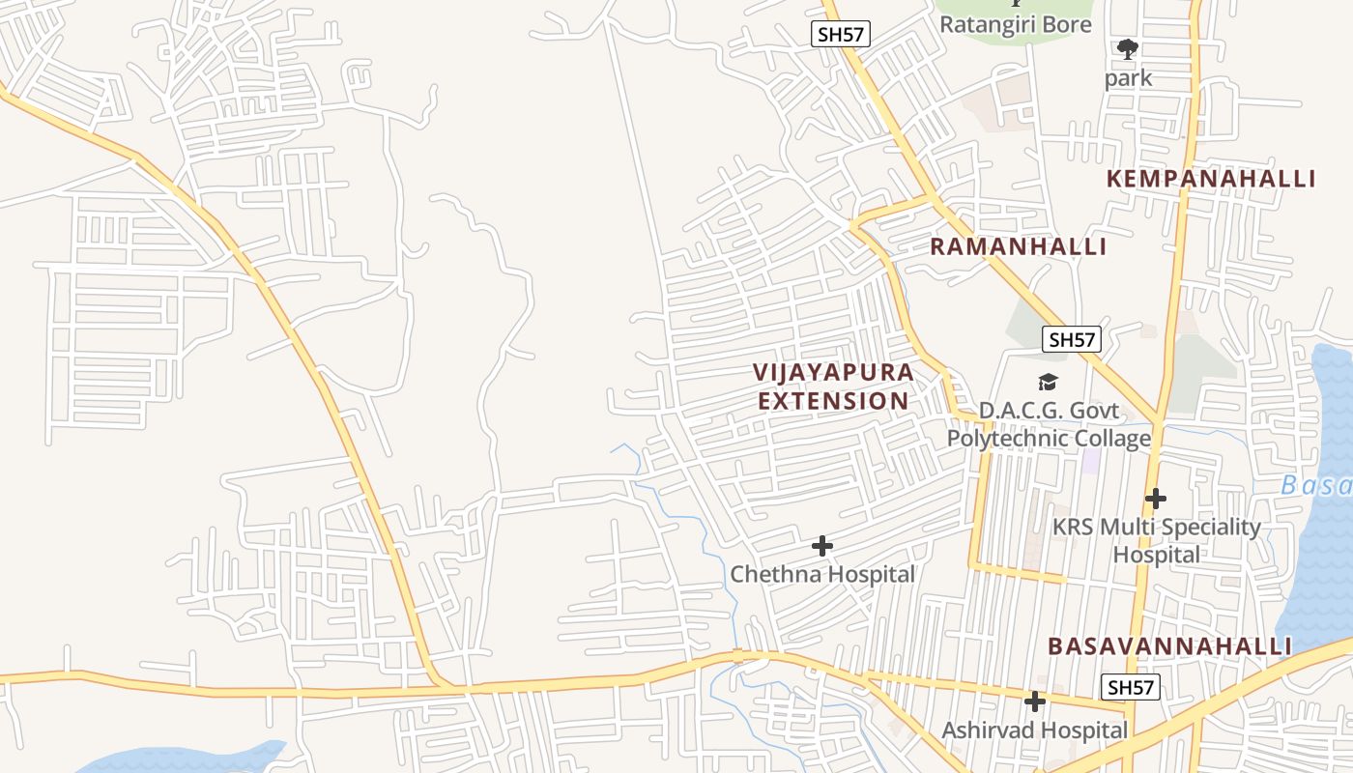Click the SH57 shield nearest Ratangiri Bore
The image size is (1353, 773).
(841, 35)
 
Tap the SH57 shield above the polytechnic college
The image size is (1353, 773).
(1072, 339)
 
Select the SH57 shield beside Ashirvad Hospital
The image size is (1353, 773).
(1130, 687)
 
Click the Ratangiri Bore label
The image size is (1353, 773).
(1016, 24)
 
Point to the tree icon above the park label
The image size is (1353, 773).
(1127, 48)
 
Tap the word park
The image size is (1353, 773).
(1128, 78)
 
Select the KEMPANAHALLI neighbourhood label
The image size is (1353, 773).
(1210, 179)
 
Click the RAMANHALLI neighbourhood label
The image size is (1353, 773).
(1018, 246)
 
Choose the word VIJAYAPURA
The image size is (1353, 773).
(833, 372)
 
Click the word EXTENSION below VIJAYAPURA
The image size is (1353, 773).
(833, 401)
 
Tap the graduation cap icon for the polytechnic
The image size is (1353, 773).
(1049, 383)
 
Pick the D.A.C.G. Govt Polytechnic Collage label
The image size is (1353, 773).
(1049, 424)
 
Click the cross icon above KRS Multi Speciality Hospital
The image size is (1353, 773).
(1156, 499)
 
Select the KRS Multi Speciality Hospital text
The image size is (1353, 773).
(1156, 541)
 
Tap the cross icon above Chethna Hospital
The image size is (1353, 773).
(822, 546)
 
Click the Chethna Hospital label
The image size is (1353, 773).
(822, 574)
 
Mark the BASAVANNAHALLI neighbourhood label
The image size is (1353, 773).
(1169, 645)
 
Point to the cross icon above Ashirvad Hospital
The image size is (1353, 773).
(1035, 701)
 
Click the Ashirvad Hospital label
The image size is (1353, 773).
(1035, 730)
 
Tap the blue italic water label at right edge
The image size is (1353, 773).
(1316, 485)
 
